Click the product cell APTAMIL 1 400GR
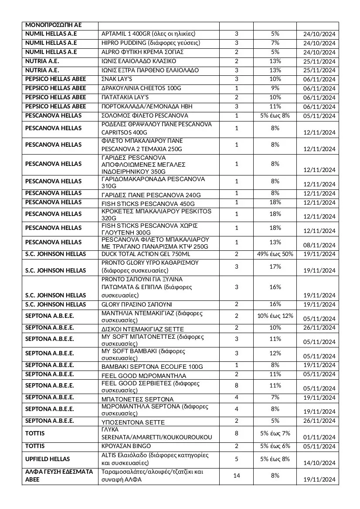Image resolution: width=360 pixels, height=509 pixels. click(x=148, y=34)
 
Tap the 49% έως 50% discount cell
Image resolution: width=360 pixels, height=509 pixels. click(x=275, y=254)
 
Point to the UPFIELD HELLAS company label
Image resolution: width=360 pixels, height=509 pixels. click(x=48, y=459)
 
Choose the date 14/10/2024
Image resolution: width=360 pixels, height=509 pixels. click(x=319, y=463)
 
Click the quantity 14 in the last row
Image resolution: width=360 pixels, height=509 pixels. click(x=237, y=475)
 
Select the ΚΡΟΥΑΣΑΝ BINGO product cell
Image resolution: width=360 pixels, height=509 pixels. click(x=126, y=446)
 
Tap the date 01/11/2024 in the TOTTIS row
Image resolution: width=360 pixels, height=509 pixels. click(x=319, y=437)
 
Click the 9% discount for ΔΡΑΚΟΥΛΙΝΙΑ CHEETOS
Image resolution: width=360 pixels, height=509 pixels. click(x=275, y=88)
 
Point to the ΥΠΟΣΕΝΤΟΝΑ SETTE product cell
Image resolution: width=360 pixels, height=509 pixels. click(x=133, y=422)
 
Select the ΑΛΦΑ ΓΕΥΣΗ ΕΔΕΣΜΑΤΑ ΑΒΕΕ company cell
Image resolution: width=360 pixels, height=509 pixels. click(x=59, y=475)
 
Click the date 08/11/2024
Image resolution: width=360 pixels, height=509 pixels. click(x=319, y=246)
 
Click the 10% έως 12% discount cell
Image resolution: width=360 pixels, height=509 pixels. click(x=275, y=316)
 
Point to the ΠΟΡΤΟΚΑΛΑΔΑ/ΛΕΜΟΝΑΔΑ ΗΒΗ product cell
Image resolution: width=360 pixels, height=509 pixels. click(x=147, y=107)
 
